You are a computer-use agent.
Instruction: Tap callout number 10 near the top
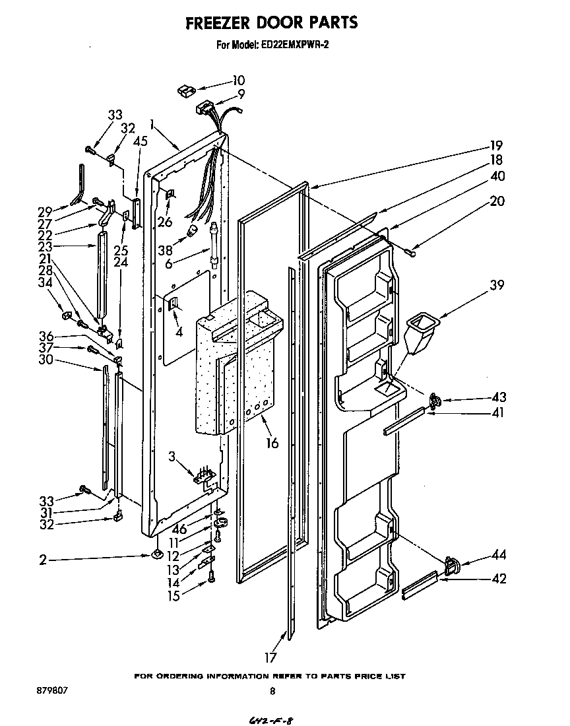(x=238, y=81)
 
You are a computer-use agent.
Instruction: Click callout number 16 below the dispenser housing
(x=272, y=443)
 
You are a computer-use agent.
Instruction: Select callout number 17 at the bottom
(x=270, y=657)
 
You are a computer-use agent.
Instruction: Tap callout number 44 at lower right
(x=499, y=556)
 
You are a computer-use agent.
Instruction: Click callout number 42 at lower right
(x=499, y=579)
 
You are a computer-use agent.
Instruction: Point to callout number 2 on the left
(x=43, y=560)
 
